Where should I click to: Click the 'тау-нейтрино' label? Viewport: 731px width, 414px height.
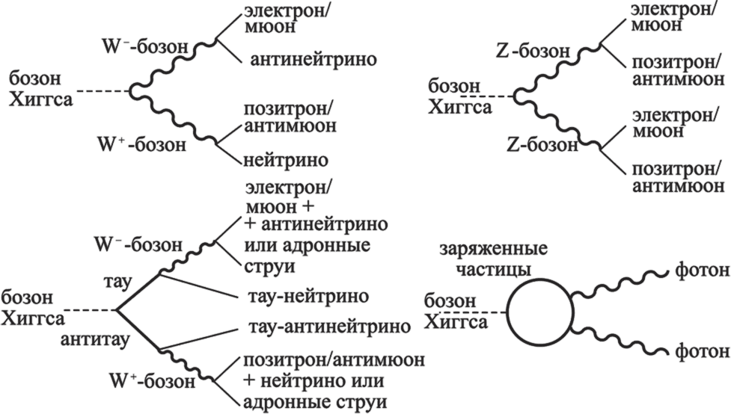306,296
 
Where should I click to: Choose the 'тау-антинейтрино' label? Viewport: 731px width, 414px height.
327,327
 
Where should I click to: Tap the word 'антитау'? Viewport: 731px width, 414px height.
95,340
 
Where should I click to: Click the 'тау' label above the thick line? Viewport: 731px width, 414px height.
117,282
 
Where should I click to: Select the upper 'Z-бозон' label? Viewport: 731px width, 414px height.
533,52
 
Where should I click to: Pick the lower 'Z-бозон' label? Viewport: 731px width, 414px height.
542,145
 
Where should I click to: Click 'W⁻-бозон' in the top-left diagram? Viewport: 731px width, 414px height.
145,46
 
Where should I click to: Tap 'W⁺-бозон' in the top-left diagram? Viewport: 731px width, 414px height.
141,144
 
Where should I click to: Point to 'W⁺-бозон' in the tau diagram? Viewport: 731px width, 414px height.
151,381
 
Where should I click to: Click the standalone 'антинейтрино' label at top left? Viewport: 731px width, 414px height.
313,60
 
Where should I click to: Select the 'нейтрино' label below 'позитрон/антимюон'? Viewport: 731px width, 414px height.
285,160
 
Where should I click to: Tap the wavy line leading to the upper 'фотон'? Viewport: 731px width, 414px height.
621,284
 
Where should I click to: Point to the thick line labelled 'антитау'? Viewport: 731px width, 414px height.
138,330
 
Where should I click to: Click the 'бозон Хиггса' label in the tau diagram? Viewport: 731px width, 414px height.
33,308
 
